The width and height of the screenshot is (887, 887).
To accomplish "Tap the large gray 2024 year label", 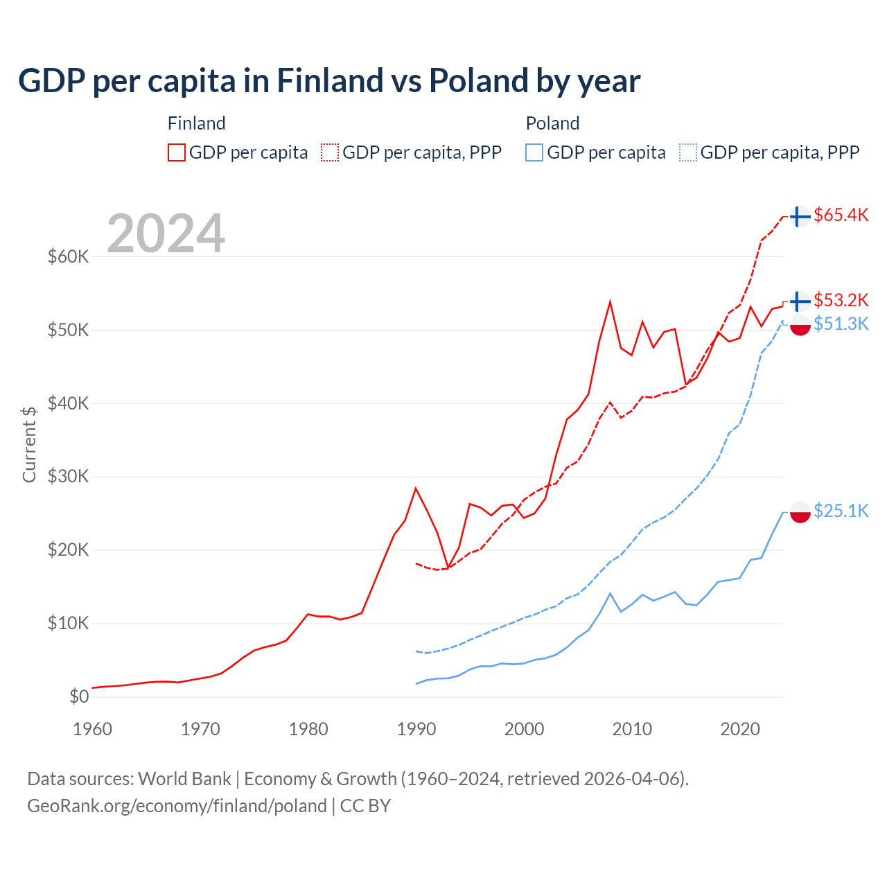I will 166,234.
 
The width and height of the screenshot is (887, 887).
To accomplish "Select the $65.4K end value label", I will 841,215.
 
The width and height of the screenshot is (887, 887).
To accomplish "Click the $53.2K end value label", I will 841,300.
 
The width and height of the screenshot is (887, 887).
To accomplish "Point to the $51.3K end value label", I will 841,324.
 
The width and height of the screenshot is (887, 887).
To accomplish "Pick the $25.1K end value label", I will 841,511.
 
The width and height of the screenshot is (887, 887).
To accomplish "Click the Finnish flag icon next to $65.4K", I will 800,216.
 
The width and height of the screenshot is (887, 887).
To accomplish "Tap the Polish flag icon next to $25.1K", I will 800,512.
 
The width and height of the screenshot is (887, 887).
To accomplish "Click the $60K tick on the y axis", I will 68,256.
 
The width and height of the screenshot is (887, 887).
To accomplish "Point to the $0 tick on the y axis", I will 78,696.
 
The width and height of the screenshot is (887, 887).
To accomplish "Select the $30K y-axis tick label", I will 68,477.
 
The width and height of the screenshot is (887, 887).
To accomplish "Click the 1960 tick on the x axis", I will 92,729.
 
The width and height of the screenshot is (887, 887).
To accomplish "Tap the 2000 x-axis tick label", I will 524,729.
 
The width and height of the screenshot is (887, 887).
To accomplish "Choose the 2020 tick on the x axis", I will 740,729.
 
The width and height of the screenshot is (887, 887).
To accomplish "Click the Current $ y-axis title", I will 29,444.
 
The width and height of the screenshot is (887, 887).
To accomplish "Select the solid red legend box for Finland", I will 177,152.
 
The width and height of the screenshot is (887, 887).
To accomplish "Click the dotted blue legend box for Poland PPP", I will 688,152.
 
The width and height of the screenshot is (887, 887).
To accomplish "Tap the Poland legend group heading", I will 552,123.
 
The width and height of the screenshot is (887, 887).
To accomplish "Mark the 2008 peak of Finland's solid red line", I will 610,301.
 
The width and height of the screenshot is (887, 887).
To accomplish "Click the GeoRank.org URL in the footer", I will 177,806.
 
